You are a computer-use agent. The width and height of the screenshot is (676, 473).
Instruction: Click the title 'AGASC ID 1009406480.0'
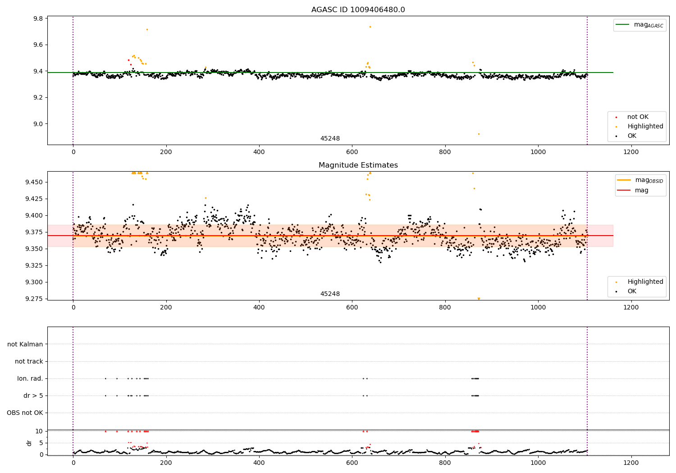(358, 10)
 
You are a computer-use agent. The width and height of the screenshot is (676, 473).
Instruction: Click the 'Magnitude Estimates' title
(358, 165)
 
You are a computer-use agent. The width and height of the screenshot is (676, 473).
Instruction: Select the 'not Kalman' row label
(25, 344)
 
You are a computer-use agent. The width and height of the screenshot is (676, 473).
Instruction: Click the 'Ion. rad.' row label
(30, 378)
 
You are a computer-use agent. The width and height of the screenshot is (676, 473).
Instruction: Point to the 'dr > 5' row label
(33, 396)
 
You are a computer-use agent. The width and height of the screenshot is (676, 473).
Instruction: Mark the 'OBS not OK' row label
(25, 413)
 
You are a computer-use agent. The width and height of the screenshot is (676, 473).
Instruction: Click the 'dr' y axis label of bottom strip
(29, 443)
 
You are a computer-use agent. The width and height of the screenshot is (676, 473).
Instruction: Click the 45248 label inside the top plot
(330, 139)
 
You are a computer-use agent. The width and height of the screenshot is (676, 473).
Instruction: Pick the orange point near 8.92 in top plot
(479, 134)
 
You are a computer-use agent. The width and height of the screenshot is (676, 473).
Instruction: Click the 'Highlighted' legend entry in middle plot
(645, 282)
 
